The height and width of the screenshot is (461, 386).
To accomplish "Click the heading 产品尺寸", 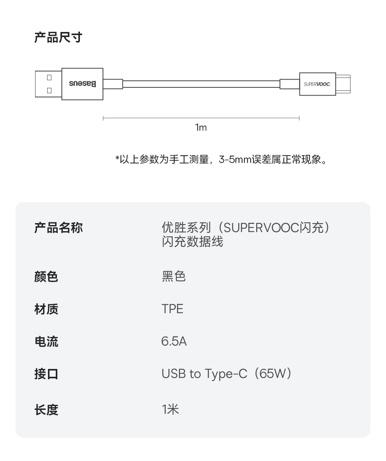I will tap(58, 38).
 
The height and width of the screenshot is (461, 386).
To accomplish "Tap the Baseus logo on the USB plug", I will tap(82, 84).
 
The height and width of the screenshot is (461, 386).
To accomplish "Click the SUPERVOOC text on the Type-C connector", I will tap(317, 84).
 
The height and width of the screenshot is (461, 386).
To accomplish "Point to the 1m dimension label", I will tap(201, 128).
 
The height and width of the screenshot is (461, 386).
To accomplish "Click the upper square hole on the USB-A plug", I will tap(49, 77).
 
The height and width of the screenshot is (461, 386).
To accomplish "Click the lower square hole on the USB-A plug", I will tap(49, 90).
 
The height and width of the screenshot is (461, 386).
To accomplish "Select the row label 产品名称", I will tap(58, 228).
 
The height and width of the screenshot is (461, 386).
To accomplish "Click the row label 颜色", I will tap(46, 277).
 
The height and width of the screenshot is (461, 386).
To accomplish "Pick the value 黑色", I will tap(174, 277).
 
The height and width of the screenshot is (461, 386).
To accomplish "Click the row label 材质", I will tap(46, 309).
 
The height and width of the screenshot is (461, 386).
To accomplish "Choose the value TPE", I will tap(172, 309).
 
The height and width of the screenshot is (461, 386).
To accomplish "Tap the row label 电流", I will tap(46, 341).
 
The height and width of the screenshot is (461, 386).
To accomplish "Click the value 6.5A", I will tap(174, 341).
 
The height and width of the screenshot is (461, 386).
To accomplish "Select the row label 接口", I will tap(46, 374).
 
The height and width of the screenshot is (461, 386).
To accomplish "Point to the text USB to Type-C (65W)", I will tap(227, 374).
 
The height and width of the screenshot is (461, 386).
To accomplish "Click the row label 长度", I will tap(46, 410).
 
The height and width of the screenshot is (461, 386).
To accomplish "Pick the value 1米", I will tap(170, 410).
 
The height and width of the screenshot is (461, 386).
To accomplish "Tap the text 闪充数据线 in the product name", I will tap(192, 242).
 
